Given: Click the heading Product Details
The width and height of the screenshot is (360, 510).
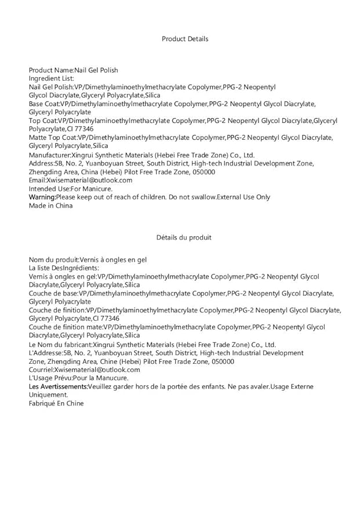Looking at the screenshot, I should click(185, 39).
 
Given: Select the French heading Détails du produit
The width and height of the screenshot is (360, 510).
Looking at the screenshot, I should click(184, 237).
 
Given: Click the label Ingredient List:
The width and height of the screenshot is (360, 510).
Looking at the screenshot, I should click(52, 78).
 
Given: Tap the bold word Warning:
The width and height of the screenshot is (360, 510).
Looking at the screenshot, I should click(42, 197).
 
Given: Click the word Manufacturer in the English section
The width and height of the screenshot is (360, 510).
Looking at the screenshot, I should click(49, 155).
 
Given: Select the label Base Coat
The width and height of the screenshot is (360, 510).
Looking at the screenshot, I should click(43, 104).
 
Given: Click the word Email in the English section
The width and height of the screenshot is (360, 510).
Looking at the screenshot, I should click(37, 180).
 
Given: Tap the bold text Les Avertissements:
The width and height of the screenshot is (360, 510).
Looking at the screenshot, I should click(58, 386).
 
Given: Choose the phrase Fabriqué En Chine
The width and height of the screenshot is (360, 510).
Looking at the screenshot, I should click(56, 403).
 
